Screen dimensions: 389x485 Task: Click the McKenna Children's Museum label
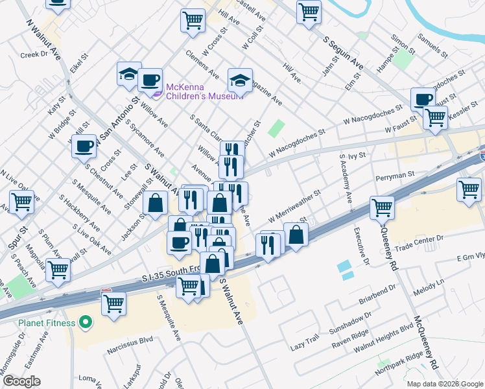click(204, 91)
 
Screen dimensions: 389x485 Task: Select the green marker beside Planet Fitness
click(85, 322)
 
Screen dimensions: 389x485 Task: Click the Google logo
click(21, 381)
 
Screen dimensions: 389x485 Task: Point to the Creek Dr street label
click(35, 55)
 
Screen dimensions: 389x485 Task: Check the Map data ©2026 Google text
click(445, 383)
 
